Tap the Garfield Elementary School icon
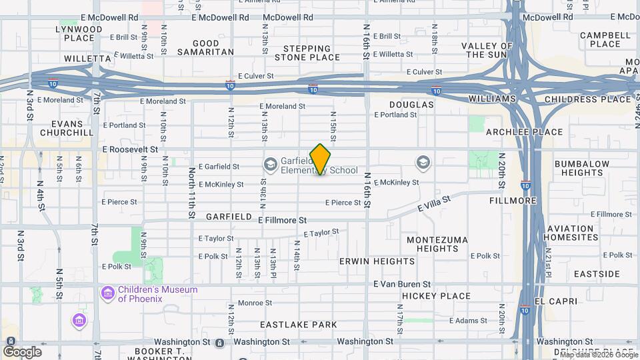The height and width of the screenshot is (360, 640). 270,163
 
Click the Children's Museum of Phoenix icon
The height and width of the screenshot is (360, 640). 107,293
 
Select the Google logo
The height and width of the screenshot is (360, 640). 22,351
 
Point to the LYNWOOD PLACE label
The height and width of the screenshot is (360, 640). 79,33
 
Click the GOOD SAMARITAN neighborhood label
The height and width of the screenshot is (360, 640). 206,47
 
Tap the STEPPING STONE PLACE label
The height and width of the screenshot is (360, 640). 307,53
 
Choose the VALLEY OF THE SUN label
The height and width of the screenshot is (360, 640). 487,50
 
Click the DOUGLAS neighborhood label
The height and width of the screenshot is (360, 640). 412,105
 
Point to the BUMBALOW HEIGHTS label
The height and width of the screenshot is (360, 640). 582,168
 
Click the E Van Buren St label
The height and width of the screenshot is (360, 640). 402,284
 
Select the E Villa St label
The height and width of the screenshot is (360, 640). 434,203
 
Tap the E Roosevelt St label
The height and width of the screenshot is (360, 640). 130,150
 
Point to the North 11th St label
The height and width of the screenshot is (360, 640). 191,191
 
